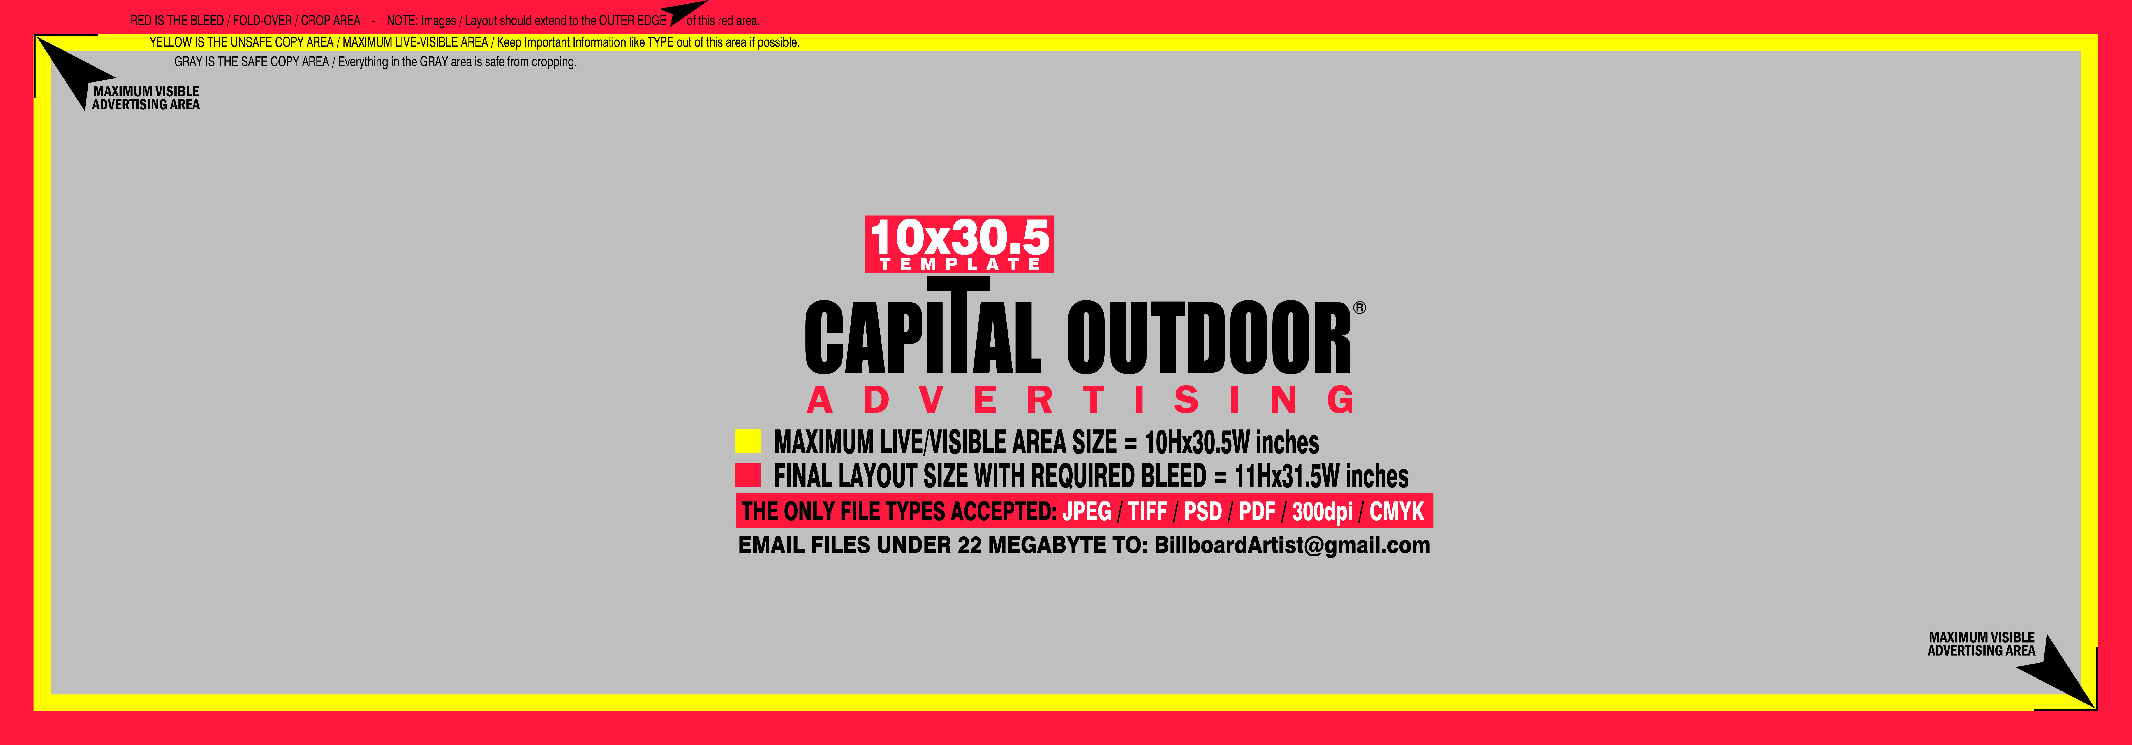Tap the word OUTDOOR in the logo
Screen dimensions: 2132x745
[1209, 338]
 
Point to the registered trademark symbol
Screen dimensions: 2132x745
[1359, 308]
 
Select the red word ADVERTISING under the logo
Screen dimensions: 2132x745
[1081, 400]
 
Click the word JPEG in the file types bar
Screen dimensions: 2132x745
[1087, 512]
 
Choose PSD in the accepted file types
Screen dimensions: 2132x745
[1202, 512]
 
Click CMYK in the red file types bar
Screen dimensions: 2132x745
[1397, 512]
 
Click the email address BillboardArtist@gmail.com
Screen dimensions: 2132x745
[1292, 545]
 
